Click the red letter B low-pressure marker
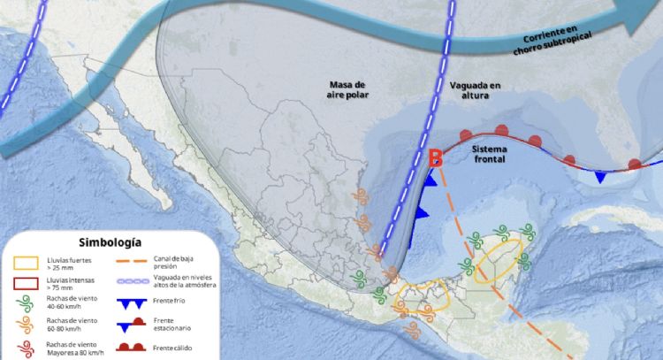click(435, 159)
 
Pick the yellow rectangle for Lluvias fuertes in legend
click(25, 263)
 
